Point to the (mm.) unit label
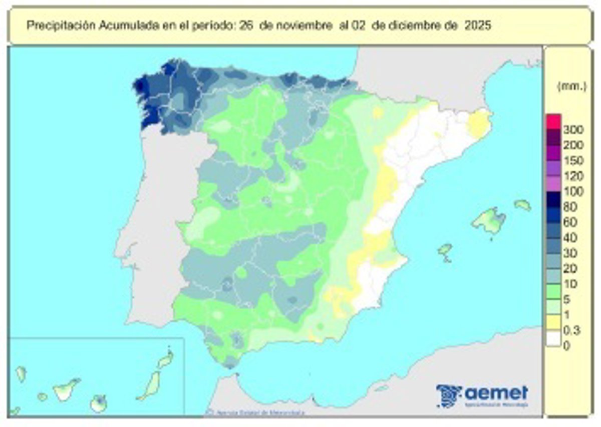tap(571, 86)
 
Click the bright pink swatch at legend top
tap(553, 121)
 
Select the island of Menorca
tap(522, 204)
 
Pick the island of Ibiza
tap(444, 248)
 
